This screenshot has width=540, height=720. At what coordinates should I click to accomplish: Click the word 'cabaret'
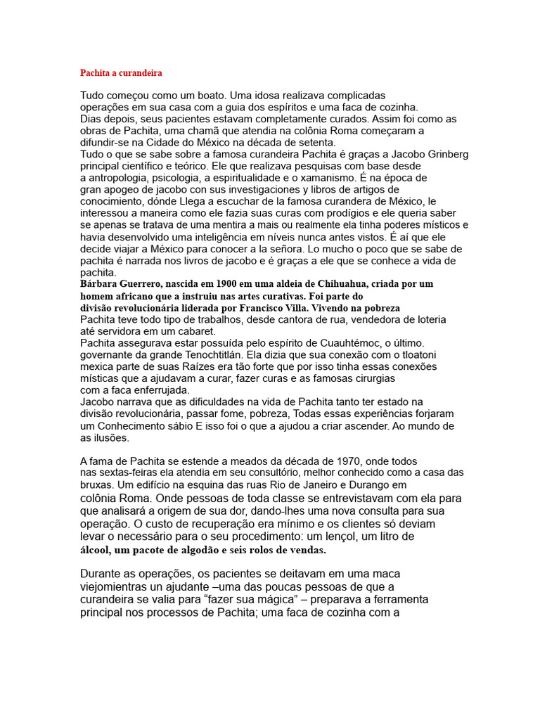(x=198, y=331)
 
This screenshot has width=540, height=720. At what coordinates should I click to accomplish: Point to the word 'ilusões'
(x=111, y=437)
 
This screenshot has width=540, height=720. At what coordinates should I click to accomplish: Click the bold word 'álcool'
(x=96, y=550)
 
